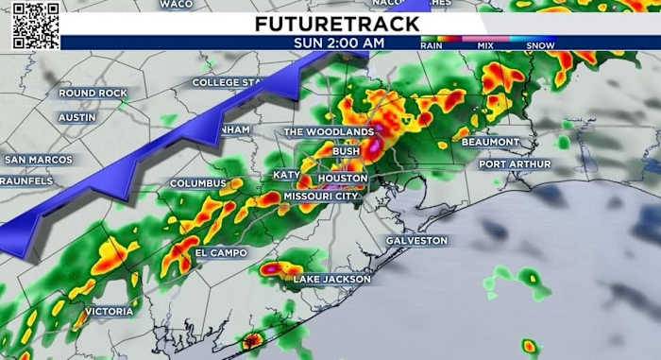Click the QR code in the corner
pos(35,26)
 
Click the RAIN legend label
pos(432,45)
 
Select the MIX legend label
pos(486,45)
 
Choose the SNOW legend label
pos(540,45)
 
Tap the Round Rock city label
pos(92,94)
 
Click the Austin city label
pos(77,117)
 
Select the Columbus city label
pos(198,183)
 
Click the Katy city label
pos(285,175)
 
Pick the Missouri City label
pos(321,197)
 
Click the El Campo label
pos(221,253)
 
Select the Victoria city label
pos(109,311)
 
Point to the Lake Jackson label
pos(331,280)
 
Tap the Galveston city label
pos(416,241)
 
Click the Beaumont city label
pos(491,143)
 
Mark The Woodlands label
pos(329,132)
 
